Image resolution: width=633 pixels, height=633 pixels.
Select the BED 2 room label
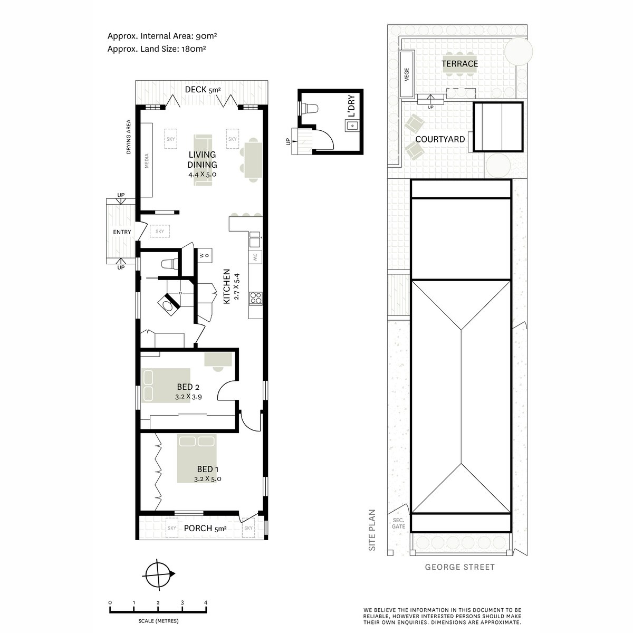[188, 387]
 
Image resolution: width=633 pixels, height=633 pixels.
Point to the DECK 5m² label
[203, 89]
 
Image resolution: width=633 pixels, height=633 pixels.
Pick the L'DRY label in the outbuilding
[351, 106]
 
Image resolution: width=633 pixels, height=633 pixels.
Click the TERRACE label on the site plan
[459, 64]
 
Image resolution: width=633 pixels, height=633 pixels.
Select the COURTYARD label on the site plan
[440, 139]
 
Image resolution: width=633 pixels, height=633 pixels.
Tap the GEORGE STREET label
[459, 567]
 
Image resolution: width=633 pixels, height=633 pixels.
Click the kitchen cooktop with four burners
[255, 298]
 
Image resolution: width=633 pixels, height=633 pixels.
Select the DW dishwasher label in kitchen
[255, 257]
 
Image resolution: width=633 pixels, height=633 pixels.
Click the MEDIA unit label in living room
[147, 161]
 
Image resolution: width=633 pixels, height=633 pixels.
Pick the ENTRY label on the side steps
[122, 232]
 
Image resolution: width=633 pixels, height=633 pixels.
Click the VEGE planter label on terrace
[407, 74]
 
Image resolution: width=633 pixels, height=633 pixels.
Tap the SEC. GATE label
[398, 523]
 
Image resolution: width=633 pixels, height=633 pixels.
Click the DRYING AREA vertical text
[128, 137]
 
